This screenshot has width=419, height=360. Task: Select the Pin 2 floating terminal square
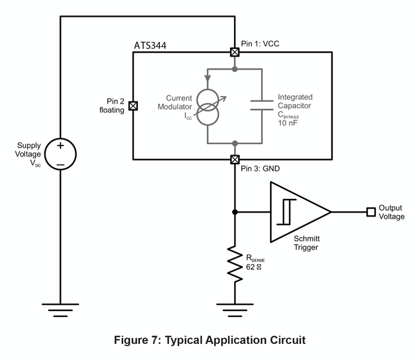(x=133, y=106)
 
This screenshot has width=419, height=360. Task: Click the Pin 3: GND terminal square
(x=235, y=159)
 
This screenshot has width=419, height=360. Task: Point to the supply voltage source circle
(x=60, y=155)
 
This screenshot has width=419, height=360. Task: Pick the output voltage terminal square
(x=371, y=212)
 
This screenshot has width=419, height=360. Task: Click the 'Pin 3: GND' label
(x=260, y=169)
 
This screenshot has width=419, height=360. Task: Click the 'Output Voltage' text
(x=392, y=213)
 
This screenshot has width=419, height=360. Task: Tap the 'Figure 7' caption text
(x=209, y=339)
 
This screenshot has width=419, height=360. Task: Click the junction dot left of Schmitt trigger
(x=235, y=212)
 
